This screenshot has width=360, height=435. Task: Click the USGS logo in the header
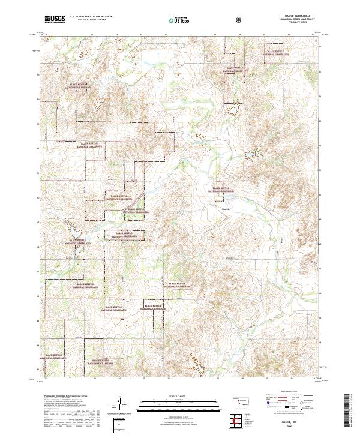pyautogui.click(x=55, y=20)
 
